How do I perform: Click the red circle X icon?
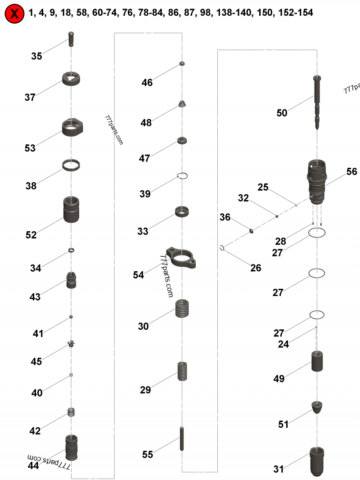tap(14, 13)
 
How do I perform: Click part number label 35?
tap(36, 56)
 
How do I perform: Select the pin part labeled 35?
tap(71, 38)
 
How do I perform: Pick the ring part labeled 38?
tap(71, 165)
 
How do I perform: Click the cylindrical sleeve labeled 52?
tap(71, 209)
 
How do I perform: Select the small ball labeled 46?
tap(182, 64)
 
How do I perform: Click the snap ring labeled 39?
tap(182, 175)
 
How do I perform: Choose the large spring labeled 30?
tap(182, 309)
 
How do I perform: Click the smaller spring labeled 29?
tap(182, 371)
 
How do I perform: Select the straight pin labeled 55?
tap(182, 439)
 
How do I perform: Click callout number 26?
tap(255, 268)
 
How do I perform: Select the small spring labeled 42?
tap(71, 412)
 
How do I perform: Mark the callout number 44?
tap(33, 466)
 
